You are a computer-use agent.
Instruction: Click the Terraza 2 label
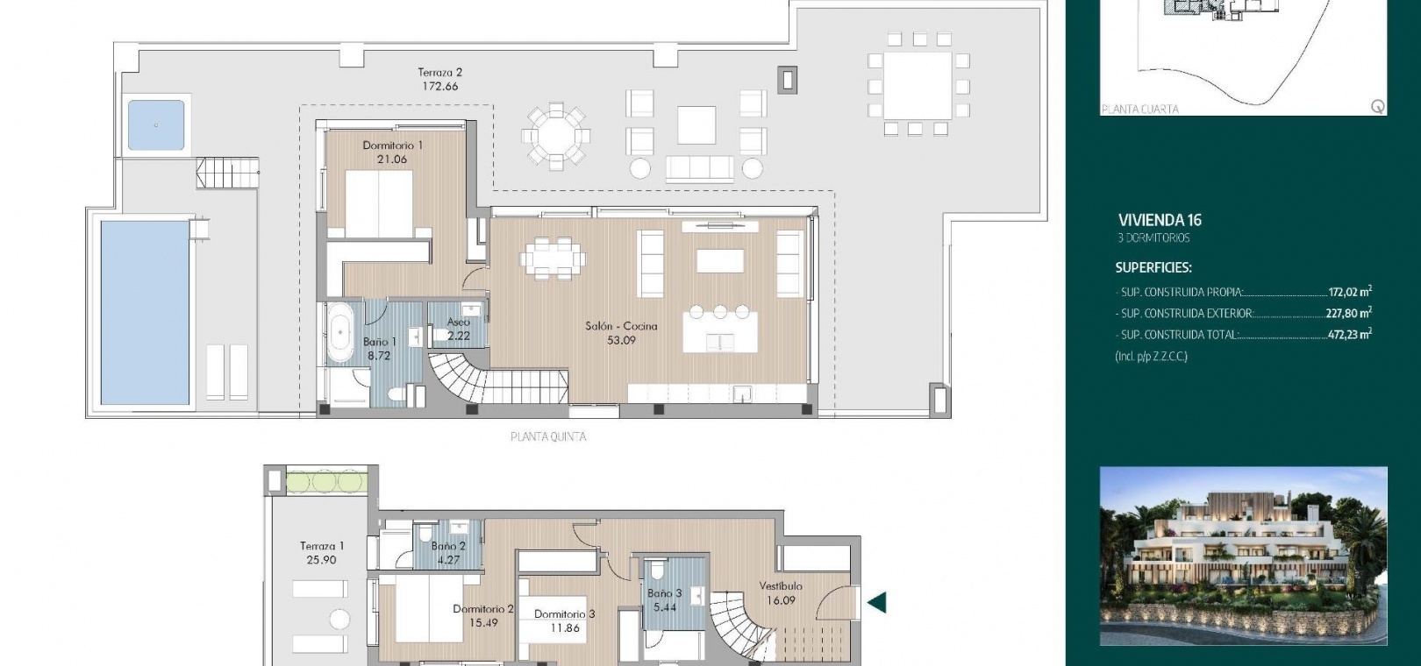tap(440, 72)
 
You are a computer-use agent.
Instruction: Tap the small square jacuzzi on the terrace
tap(156, 124)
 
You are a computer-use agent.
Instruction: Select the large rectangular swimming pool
tap(146, 312)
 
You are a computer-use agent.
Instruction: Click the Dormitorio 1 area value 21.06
tap(392, 159)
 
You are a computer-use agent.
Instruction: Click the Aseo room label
tap(458, 322)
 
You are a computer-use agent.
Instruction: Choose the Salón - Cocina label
tap(621, 326)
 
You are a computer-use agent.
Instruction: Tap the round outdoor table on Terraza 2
tap(556, 136)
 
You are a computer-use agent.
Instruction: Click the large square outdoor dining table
tap(918, 86)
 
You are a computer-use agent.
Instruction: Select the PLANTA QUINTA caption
tap(548, 436)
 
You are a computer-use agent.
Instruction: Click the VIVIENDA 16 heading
tap(1160, 220)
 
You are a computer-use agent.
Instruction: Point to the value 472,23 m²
tap(1349, 334)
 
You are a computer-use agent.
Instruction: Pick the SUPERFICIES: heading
tap(1153, 267)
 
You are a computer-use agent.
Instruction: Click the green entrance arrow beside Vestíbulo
tap(876, 602)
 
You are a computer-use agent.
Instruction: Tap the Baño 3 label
tap(665, 593)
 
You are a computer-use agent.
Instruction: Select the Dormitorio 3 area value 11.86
tap(565, 628)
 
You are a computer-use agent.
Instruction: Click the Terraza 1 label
tap(322, 546)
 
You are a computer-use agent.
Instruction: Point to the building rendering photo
tap(1244, 556)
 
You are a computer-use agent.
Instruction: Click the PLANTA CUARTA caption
tap(1140, 109)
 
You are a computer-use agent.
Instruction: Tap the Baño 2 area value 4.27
tap(448, 560)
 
